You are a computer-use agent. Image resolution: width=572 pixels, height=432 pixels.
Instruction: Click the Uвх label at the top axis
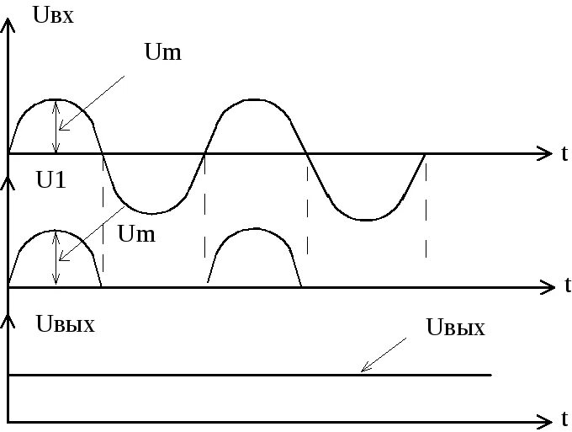click(x=51, y=14)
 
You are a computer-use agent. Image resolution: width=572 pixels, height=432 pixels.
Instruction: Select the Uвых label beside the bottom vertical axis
click(x=65, y=324)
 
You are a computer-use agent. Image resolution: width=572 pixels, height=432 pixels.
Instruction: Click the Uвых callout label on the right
click(x=455, y=328)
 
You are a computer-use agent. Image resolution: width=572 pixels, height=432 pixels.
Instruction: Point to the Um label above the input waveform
click(x=163, y=53)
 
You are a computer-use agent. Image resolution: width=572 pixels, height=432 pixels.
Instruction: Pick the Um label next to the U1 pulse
click(x=136, y=233)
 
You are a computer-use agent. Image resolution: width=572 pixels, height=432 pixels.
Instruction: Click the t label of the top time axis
click(x=564, y=153)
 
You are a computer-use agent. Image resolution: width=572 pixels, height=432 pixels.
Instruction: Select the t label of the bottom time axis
click(x=564, y=419)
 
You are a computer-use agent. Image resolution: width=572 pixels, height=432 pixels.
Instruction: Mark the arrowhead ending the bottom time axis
click(x=544, y=419)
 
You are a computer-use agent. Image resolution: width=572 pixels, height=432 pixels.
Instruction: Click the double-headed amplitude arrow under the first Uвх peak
click(x=56, y=127)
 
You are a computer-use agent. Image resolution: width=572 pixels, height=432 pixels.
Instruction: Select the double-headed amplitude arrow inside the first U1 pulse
click(x=56, y=258)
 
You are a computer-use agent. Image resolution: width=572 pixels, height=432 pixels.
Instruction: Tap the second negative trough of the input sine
click(x=365, y=220)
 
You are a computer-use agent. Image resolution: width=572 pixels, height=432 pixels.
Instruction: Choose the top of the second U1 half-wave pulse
click(x=254, y=229)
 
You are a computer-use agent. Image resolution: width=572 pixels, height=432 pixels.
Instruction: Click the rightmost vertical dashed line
click(x=426, y=211)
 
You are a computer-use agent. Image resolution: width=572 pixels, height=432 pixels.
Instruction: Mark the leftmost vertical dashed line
click(x=103, y=211)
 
